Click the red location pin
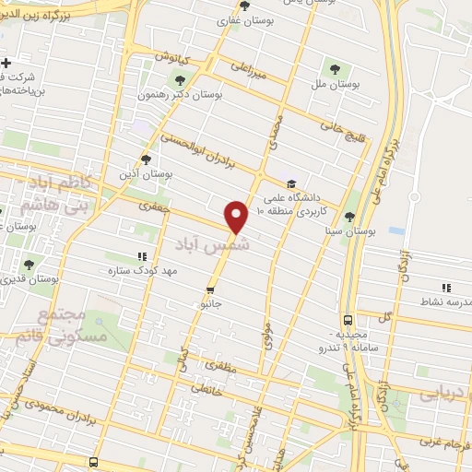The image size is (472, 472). (x=238, y=216)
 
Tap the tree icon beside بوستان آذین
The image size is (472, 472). (x=146, y=159)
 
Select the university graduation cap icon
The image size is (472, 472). (x=291, y=183)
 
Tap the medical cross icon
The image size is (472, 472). (x=6, y=62)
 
